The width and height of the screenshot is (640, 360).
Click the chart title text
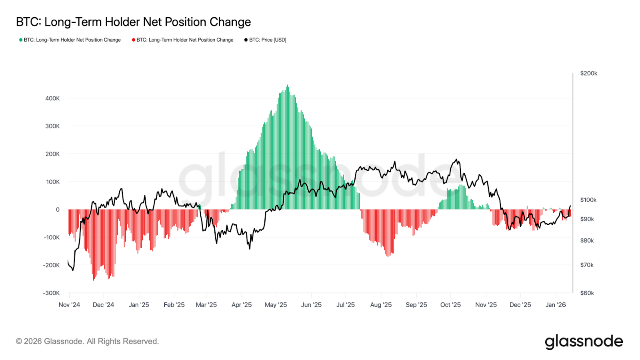tap(133, 22)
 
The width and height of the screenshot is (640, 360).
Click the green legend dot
tap(21, 40)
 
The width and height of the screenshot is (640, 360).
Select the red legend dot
tap(134, 40)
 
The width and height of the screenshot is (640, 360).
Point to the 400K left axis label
tap(52, 98)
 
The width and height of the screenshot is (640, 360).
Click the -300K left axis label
tap(51, 293)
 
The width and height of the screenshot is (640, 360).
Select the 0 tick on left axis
tap(58, 210)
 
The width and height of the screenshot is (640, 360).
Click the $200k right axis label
tap(588, 74)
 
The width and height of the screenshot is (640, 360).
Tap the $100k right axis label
tap(588, 200)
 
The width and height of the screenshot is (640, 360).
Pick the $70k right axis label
tap(587, 265)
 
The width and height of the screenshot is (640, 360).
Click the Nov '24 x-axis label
tap(69, 305)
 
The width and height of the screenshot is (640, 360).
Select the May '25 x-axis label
tap(276, 305)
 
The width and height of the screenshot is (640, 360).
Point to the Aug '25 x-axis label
tap(381, 305)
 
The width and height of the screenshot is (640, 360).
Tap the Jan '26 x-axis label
tap(555, 305)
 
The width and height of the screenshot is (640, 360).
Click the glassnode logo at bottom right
tap(584, 342)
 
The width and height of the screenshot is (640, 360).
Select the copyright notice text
tap(87, 342)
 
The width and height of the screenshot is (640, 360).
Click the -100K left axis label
tap(51, 238)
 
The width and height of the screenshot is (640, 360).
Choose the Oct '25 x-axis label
tap(450, 305)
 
